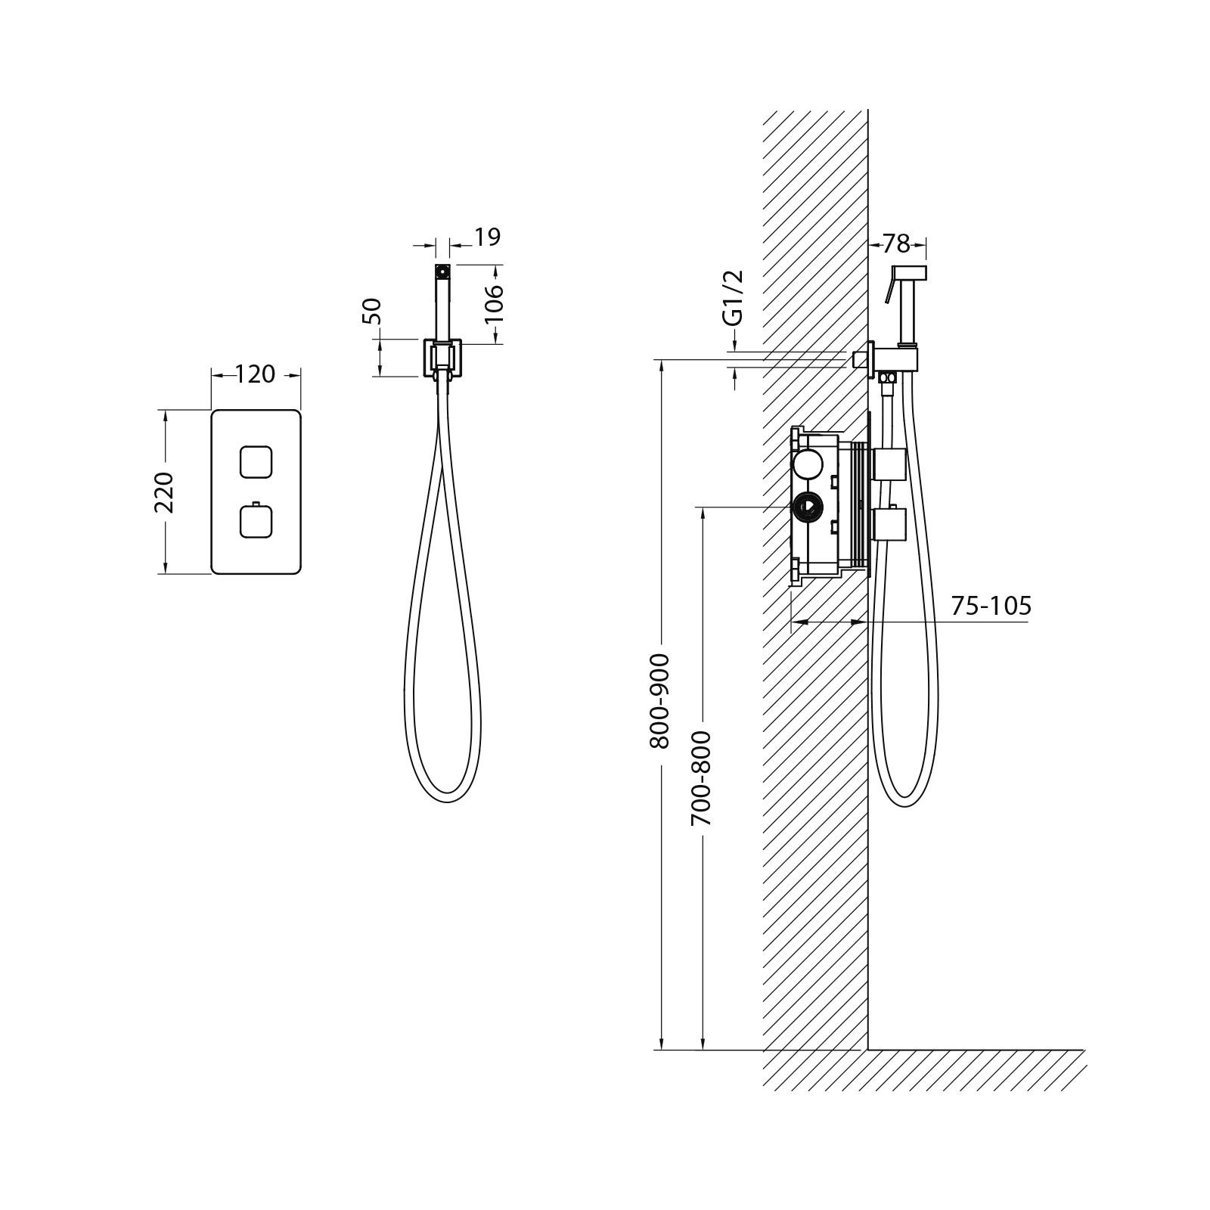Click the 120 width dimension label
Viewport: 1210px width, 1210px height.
[255, 374]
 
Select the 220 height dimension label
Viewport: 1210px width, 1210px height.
[165, 492]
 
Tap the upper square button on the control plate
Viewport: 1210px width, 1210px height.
[255, 462]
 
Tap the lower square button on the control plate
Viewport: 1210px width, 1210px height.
[255, 521]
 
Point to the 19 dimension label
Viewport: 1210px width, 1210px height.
[488, 237]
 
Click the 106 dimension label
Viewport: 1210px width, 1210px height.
[493, 303]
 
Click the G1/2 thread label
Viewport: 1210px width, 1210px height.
[734, 298]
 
